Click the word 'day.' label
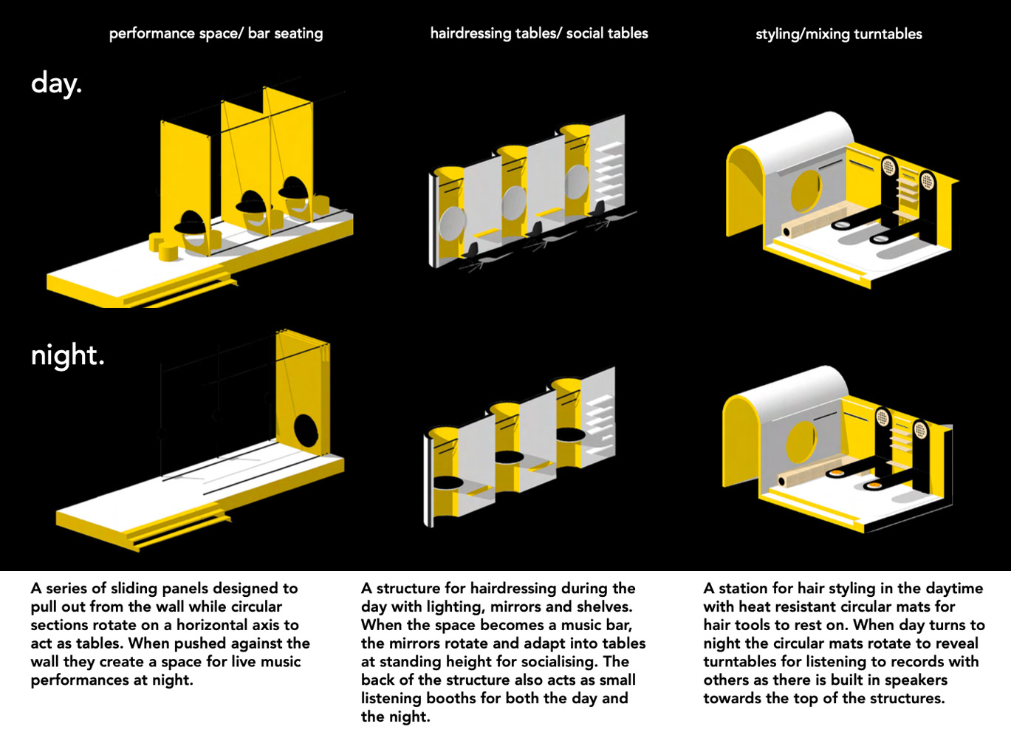(56, 83)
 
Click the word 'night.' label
(67, 355)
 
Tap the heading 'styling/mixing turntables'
(839, 34)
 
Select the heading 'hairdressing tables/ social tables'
(539, 33)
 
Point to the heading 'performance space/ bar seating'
(216, 33)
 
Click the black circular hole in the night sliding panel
(306, 431)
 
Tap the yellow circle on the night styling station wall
(801, 442)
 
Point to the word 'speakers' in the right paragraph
(916, 680)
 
